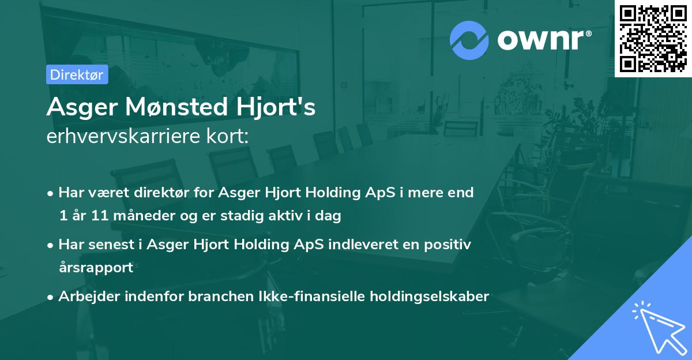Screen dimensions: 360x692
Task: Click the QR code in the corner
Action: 653,38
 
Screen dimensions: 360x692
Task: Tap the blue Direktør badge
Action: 77,74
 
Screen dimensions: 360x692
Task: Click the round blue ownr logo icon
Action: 469,40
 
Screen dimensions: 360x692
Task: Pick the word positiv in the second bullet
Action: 449,245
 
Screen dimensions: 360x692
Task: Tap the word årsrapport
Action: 96,268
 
